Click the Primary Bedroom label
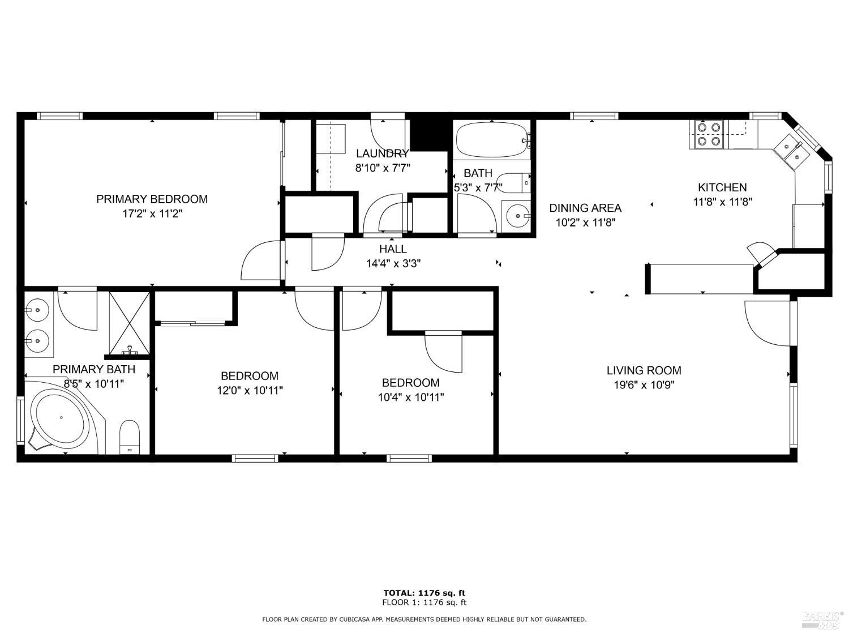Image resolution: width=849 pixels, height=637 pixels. (152, 199)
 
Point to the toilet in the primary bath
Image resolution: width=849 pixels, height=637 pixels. (130, 436)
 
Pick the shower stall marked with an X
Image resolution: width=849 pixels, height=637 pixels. (130, 324)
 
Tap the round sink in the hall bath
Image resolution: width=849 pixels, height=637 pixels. (516, 216)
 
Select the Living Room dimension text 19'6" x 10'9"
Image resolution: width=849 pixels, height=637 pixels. (644, 386)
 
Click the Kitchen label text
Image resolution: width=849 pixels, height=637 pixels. (722, 187)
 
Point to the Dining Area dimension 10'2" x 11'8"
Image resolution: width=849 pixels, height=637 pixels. (585, 223)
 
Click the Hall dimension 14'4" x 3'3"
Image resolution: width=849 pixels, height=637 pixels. (393, 263)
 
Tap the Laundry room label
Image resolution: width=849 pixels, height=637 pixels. (382, 153)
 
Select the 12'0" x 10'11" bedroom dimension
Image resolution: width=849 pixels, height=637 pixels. (250, 391)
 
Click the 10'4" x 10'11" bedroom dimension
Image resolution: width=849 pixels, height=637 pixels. (410, 397)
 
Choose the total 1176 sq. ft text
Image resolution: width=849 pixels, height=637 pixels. (424, 593)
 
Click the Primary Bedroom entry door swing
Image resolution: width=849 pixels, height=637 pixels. (261, 260)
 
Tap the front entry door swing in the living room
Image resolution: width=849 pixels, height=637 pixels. (767, 323)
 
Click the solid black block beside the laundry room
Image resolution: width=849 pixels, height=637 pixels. (428, 132)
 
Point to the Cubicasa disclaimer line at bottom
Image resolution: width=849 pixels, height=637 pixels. (424, 619)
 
